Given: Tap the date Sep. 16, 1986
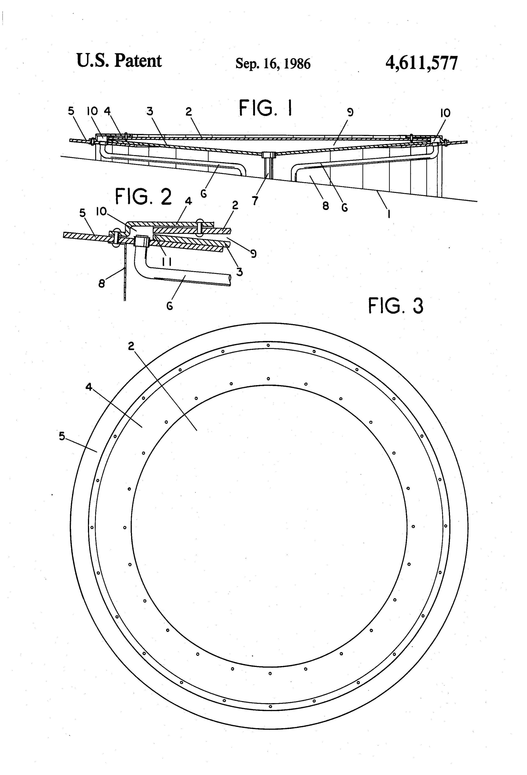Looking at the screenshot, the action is pos(273,63).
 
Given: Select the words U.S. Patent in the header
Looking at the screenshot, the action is pos(119,61).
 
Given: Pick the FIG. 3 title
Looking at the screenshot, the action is pos(396,306).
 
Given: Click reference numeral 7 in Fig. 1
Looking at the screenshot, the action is pos(255,201).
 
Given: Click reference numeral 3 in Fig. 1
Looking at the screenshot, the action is pos(150,111).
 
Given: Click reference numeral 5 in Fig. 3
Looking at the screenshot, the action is pos(62,436).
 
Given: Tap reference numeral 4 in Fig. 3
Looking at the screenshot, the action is pos(89,387).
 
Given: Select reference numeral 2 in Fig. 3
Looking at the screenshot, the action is pos(131,346).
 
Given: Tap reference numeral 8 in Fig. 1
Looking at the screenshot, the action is pos(326,206).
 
